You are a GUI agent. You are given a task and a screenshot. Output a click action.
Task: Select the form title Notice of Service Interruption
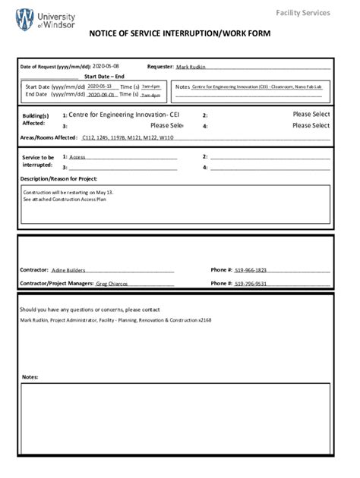click(179, 34)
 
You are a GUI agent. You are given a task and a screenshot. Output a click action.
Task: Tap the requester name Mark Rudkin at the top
click(191, 68)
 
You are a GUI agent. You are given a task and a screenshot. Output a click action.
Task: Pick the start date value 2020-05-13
click(99, 86)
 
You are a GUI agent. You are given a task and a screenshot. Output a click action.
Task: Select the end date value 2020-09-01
click(100, 96)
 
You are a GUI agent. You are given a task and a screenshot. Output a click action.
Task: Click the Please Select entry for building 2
click(311, 115)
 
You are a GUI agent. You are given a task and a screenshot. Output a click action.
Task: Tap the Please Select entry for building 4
click(311, 126)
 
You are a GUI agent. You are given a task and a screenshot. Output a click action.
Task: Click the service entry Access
click(77, 157)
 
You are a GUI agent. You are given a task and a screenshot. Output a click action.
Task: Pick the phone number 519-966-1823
click(251, 270)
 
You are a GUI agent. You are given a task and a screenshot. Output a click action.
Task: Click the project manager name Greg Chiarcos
click(112, 284)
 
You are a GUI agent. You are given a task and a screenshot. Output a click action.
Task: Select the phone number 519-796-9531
click(251, 284)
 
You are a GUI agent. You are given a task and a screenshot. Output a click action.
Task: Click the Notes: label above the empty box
click(30, 377)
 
